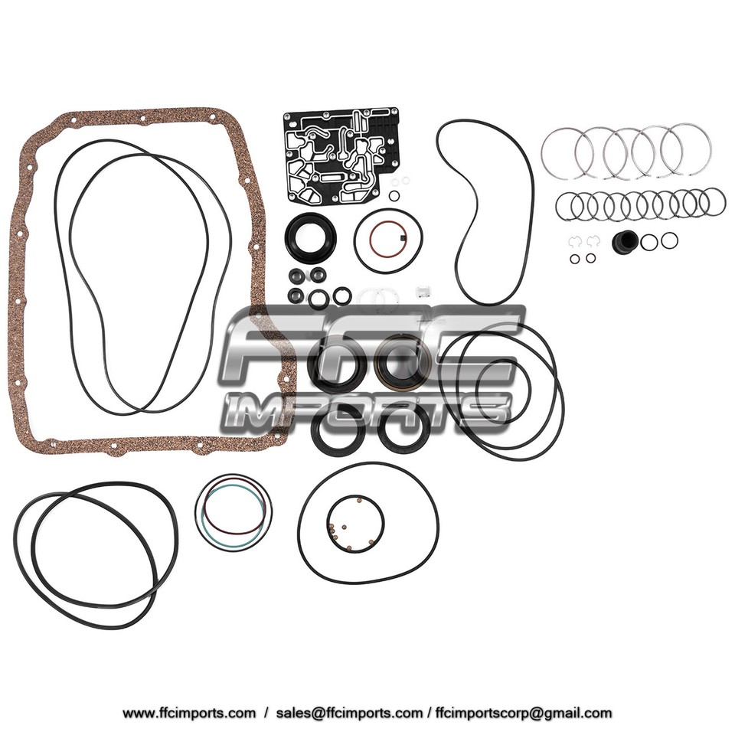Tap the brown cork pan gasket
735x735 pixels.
click(23, 306)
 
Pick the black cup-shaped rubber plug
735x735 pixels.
click(625, 243)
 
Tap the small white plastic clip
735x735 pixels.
click(420, 292)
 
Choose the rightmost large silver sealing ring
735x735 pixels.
click(686, 149)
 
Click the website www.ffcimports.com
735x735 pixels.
click(189, 713)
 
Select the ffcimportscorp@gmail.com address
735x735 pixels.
click(520, 713)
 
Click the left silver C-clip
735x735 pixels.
click(573, 243)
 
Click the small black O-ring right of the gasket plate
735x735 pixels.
click(394, 196)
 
